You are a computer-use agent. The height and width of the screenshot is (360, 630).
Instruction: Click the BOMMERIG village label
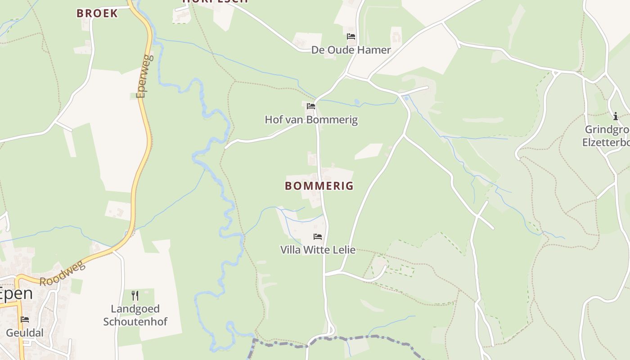[319, 186]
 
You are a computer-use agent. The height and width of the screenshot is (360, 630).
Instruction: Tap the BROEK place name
[97, 13]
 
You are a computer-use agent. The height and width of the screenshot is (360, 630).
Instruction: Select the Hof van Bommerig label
[311, 120]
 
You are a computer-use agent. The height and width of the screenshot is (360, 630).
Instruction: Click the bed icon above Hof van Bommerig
[311, 106]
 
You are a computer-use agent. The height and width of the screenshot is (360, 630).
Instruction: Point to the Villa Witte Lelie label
[318, 250]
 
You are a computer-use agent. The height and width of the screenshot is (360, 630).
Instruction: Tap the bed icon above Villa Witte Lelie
[318, 236]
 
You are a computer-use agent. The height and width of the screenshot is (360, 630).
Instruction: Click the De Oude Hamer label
[351, 50]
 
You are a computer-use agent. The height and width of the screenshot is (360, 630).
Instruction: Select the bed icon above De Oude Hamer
[351, 36]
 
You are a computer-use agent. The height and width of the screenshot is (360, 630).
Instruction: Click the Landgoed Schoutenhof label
[135, 315]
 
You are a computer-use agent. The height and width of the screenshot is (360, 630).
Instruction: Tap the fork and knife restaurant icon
[135, 295]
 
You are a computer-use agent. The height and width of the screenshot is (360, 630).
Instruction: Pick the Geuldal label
[25, 333]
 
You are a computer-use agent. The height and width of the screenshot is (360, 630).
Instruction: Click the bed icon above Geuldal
[25, 319]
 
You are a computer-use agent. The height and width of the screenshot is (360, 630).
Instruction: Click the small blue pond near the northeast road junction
[406, 98]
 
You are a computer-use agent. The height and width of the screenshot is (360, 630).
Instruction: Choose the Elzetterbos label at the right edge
[606, 142]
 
